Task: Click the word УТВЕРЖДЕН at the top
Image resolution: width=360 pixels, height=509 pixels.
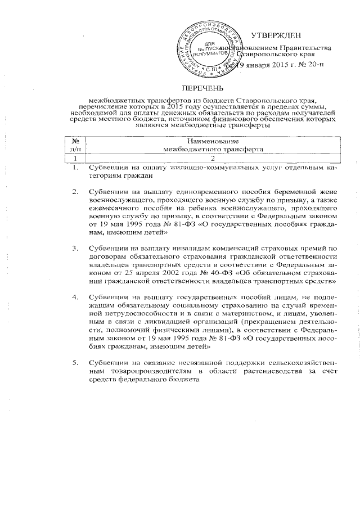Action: (x=274, y=35)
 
